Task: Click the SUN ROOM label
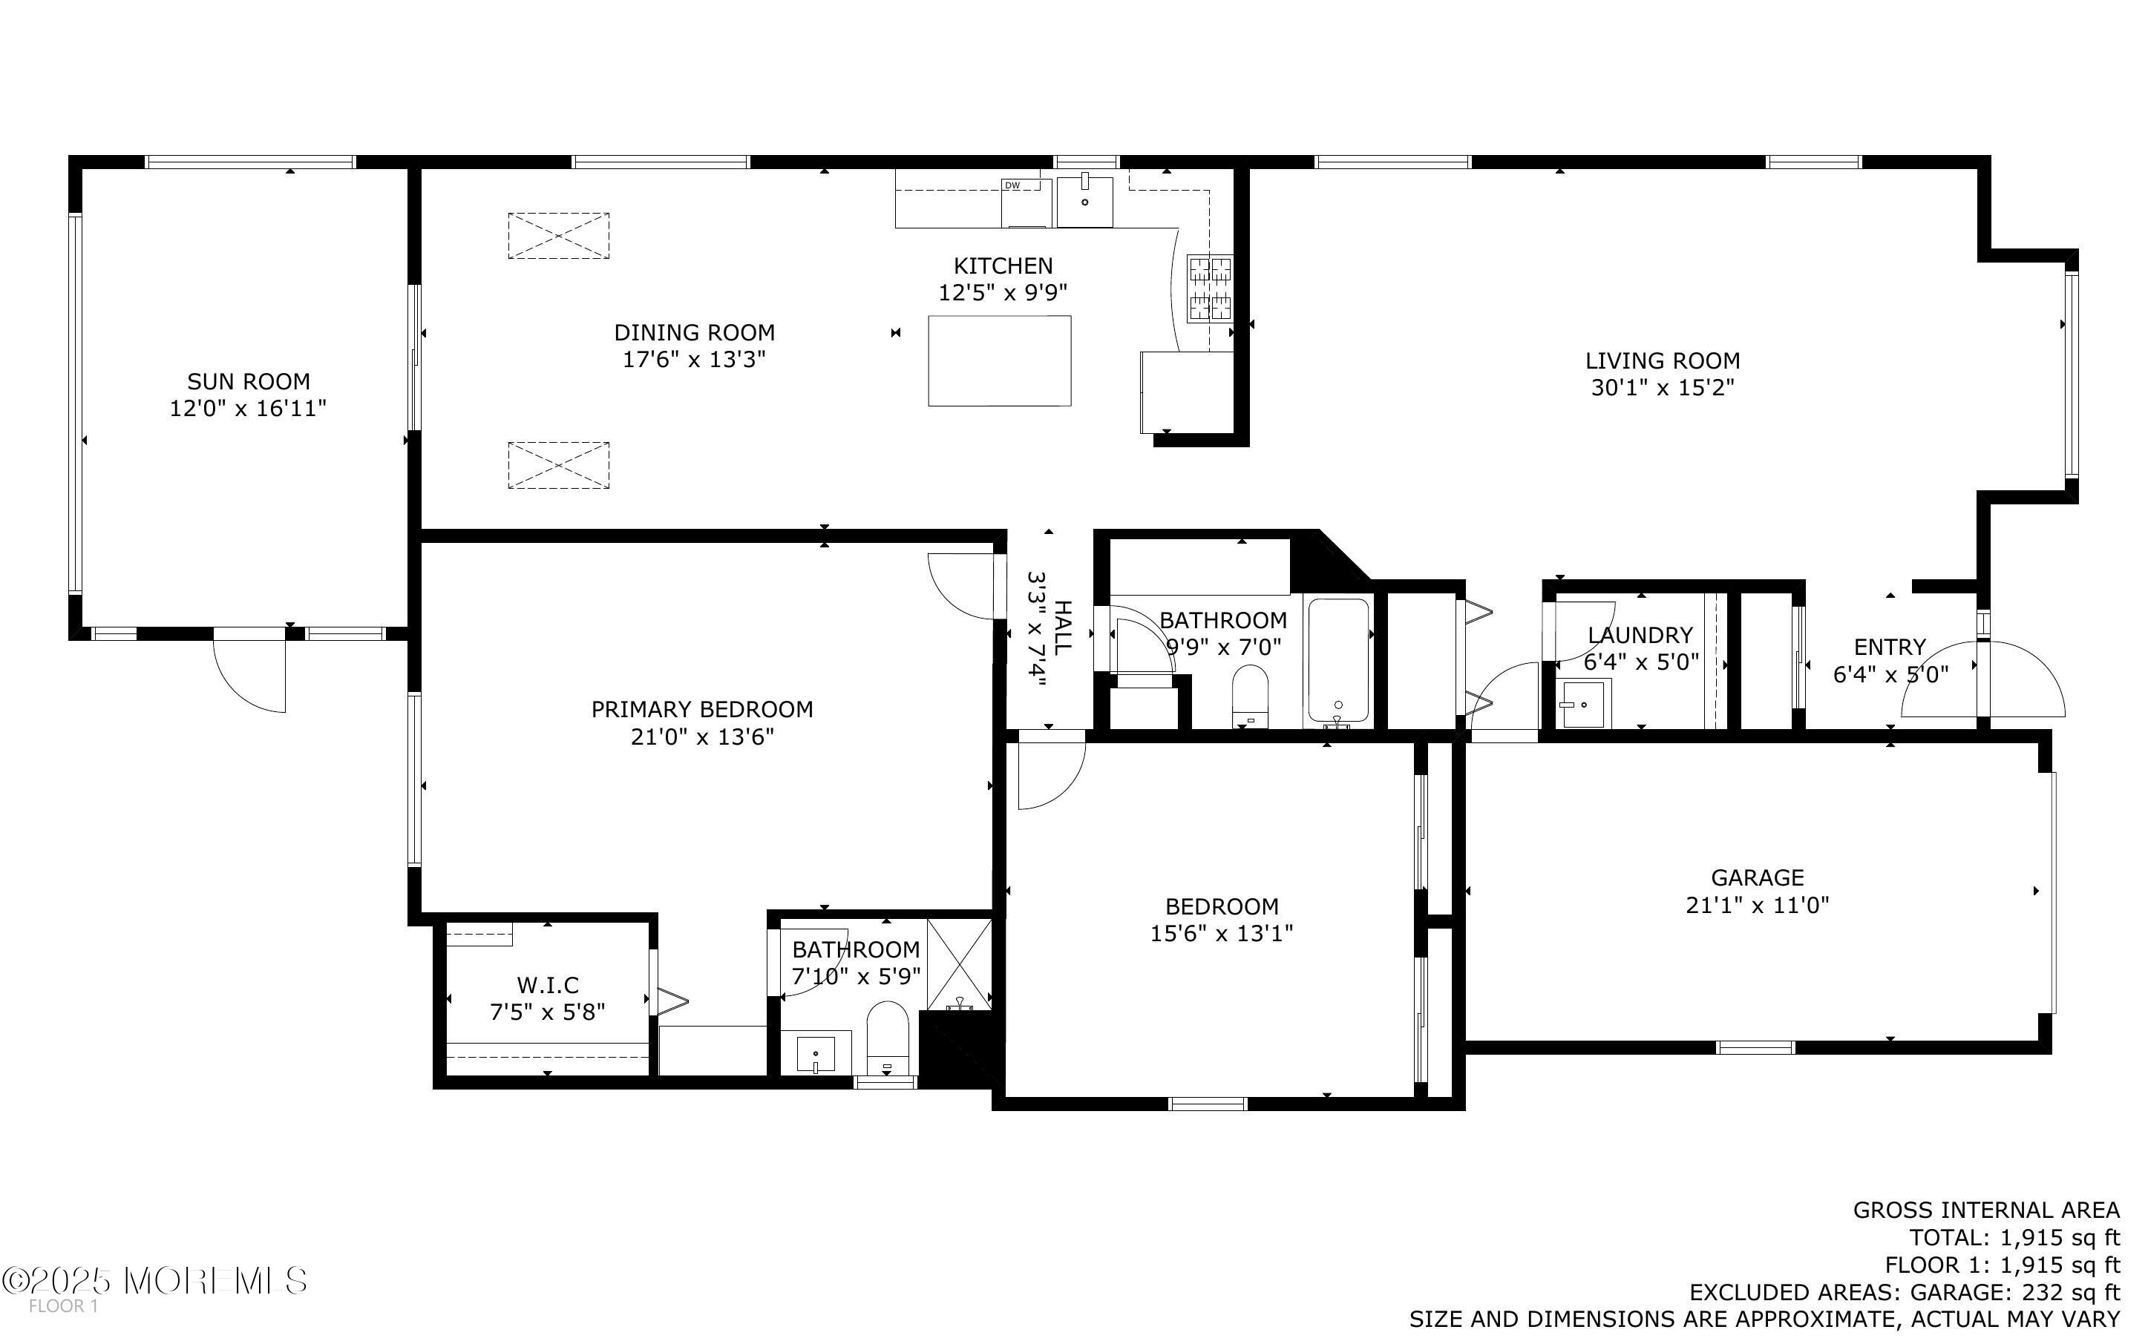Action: coord(249,381)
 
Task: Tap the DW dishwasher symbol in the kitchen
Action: coord(1026,203)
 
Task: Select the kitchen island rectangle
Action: coord(999,361)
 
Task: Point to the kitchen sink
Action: coord(1084,202)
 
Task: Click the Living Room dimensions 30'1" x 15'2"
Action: coord(1662,388)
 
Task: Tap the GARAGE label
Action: coord(1758,877)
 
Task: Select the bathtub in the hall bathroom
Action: coord(1338,662)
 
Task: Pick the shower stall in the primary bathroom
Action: coord(959,964)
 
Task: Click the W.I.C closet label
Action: coord(548,985)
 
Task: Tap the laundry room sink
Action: coord(1583,704)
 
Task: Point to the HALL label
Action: coord(1061,626)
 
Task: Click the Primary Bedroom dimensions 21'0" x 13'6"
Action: coord(703,737)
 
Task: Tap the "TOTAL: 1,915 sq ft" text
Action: coord(2014,1237)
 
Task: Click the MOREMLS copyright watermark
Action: coord(154,1279)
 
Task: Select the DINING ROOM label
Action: coord(695,332)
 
